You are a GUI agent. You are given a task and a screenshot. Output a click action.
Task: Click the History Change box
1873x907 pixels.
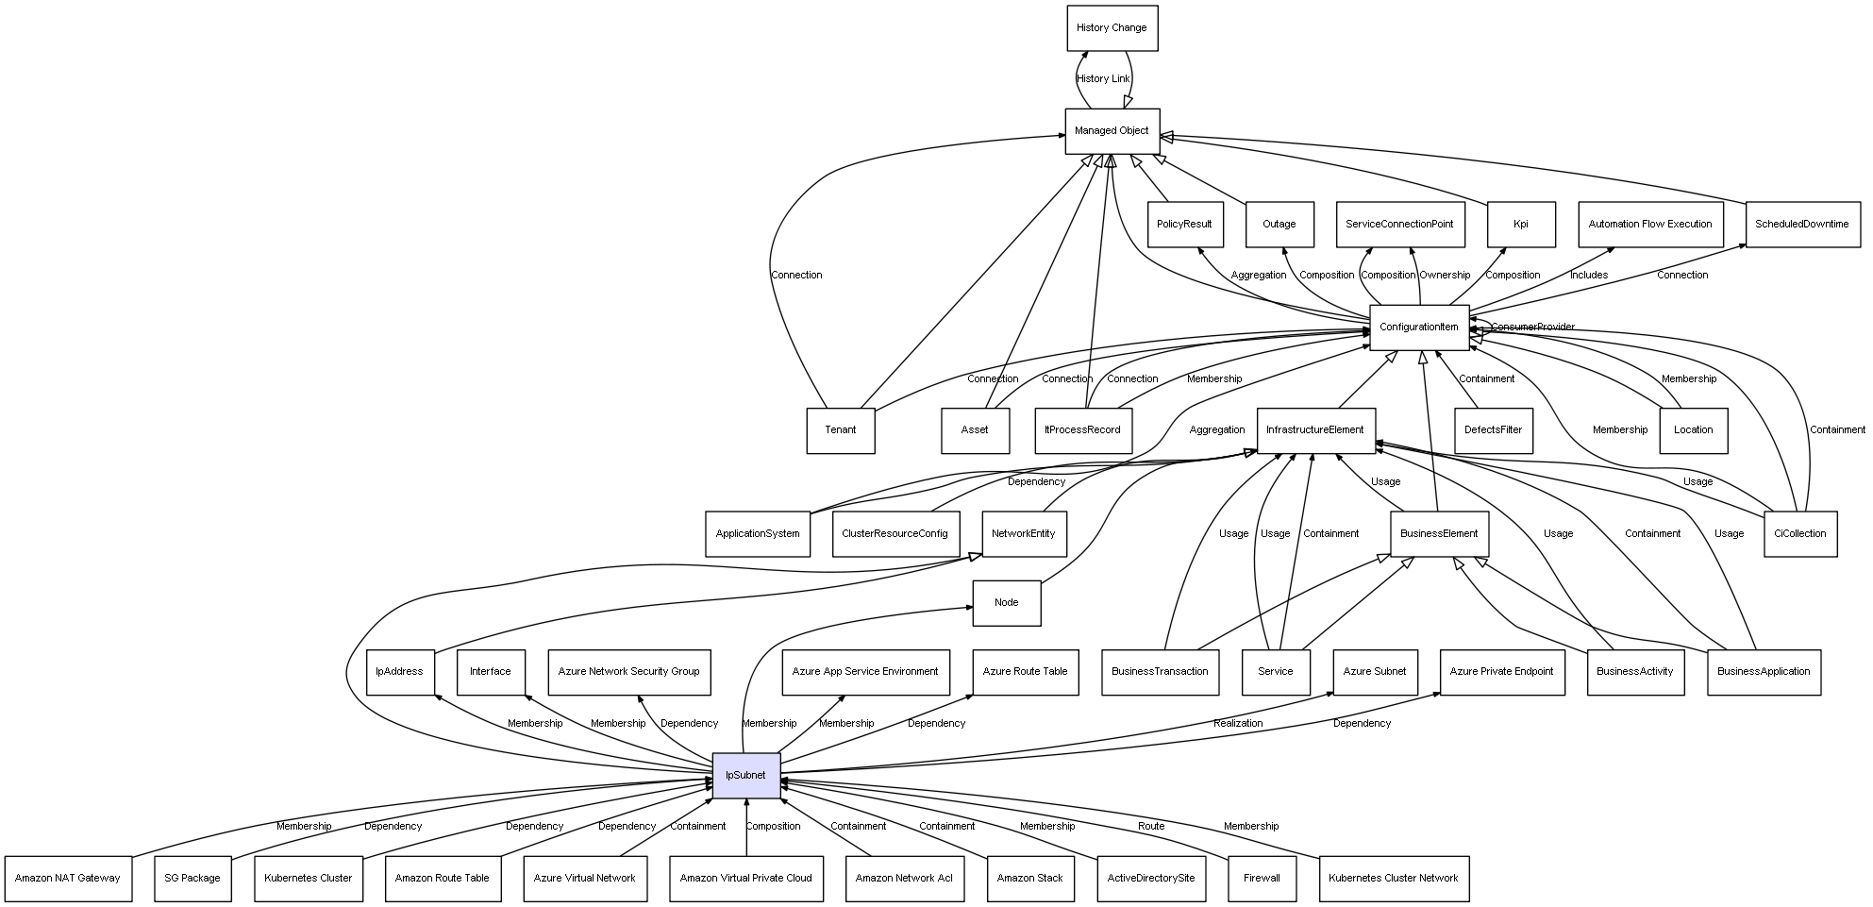tap(1112, 28)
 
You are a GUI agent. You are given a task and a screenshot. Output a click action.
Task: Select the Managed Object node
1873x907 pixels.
tap(1112, 131)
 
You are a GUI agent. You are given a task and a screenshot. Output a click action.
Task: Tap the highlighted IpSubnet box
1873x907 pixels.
tap(745, 776)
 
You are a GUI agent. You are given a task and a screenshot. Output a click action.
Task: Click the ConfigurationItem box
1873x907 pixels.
tap(1418, 328)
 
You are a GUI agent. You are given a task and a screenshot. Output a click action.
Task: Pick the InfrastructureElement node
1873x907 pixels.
tap(1315, 430)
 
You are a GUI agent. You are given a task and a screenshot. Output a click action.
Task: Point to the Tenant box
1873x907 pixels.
tap(840, 430)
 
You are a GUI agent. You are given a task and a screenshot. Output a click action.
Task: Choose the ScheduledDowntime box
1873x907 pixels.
tap(1801, 225)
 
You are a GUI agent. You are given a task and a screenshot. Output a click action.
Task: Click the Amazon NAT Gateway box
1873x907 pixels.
tap(68, 879)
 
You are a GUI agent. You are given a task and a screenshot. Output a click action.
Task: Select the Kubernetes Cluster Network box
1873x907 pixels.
tap(1393, 879)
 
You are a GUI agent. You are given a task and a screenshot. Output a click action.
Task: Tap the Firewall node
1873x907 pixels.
tap(1262, 879)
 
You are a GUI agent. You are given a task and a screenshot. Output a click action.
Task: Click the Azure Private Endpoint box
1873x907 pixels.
tap(1500, 672)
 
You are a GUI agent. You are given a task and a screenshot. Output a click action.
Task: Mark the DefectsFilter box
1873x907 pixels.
tap(1493, 430)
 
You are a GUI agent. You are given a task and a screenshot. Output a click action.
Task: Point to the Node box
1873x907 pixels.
tap(1006, 603)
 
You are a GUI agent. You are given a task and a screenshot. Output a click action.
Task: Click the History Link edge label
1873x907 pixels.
tap(1103, 79)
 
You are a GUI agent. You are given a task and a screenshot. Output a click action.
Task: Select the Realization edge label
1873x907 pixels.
tap(1237, 724)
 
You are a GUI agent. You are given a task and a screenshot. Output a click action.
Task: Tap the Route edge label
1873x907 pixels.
tap(1150, 827)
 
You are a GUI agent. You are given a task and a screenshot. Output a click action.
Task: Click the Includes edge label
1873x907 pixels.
tap(1588, 276)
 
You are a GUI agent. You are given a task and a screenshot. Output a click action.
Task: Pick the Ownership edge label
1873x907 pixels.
tap(1445, 276)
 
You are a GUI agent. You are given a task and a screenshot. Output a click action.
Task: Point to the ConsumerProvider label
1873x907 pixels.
tap(1532, 328)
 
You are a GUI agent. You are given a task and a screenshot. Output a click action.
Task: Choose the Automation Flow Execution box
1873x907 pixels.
tap(1649, 225)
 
